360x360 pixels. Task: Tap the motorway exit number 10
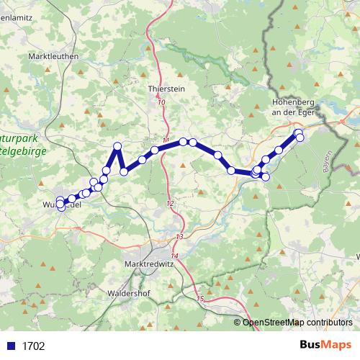pyautogui.click(x=161, y=104)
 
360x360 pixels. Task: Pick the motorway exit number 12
pyautogui.click(x=170, y=204)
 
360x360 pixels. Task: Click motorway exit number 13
pyautogui.click(x=179, y=237)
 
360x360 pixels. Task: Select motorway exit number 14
pyautogui.click(x=174, y=256)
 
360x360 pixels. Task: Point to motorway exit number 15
pyautogui.click(x=200, y=298)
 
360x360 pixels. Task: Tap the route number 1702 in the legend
pyautogui.click(x=33, y=346)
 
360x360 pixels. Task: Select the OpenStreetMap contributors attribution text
pyautogui.click(x=297, y=323)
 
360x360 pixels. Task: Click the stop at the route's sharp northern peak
pyautogui.click(x=117, y=146)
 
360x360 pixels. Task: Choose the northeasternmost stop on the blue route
pyautogui.click(x=298, y=132)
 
